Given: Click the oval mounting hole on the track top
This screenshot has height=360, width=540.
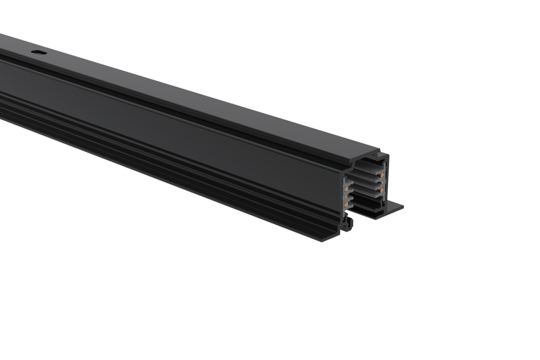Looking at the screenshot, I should tap(39, 53).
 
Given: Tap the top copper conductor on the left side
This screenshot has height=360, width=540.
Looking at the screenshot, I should tap(346, 189).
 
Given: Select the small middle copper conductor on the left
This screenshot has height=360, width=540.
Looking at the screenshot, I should tap(346, 197).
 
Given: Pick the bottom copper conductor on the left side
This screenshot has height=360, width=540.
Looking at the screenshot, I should tap(346, 204).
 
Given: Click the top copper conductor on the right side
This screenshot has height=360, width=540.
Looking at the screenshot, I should tap(382, 175).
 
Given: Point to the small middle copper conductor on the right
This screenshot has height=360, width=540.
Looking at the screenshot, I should tap(382, 182).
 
